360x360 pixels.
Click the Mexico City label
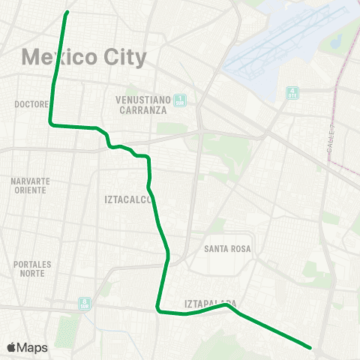[x=84, y=56]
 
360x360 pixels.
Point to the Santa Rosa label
[x=227, y=248]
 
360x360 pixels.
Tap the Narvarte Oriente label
[x=31, y=185]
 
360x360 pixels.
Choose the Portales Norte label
[x=31, y=268]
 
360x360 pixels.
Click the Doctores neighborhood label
[x=31, y=104]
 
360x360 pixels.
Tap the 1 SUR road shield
[x=180, y=99]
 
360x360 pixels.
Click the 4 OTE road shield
[x=292, y=93]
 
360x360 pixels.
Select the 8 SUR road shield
[x=84, y=303]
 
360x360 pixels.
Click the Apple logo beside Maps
[x=11, y=347]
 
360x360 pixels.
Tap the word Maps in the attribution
[x=32, y=347]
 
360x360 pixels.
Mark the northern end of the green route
[x=67, y=12]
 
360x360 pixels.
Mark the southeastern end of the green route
[x=310, y=346]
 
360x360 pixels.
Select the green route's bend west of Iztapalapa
[x=157, y=307]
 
